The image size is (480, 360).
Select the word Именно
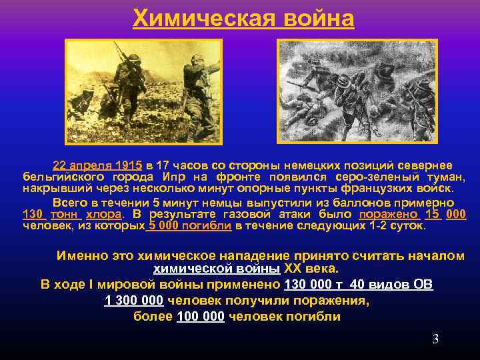79,256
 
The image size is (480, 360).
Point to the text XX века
311,269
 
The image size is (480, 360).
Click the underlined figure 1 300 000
134,301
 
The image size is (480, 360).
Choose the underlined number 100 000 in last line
201,316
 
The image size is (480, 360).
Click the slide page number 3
435,339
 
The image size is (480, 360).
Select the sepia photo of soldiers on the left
143,91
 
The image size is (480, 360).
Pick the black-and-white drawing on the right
357,91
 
